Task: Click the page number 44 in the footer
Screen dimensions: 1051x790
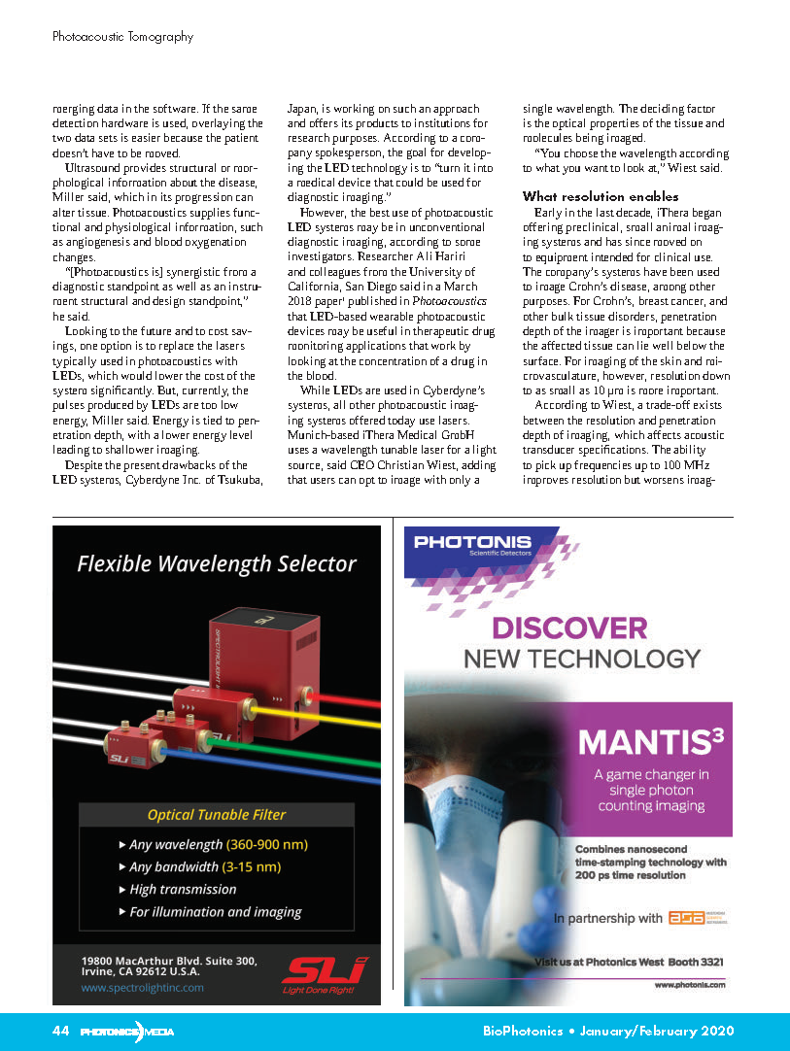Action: pos(59,1032)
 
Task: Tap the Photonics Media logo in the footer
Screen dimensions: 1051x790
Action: pos(126,1032)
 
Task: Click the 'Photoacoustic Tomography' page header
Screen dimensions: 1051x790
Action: pos(122,37)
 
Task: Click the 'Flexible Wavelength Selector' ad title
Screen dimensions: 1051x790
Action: pos(217,563)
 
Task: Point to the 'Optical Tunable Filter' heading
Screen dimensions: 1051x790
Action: pos(216,815)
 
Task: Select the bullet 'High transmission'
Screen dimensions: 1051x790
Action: pos(183,889)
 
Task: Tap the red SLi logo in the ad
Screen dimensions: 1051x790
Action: pos(325,970)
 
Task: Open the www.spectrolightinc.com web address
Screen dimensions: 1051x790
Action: pos(143,987)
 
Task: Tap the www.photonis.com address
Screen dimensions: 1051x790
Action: pos(690,984)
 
